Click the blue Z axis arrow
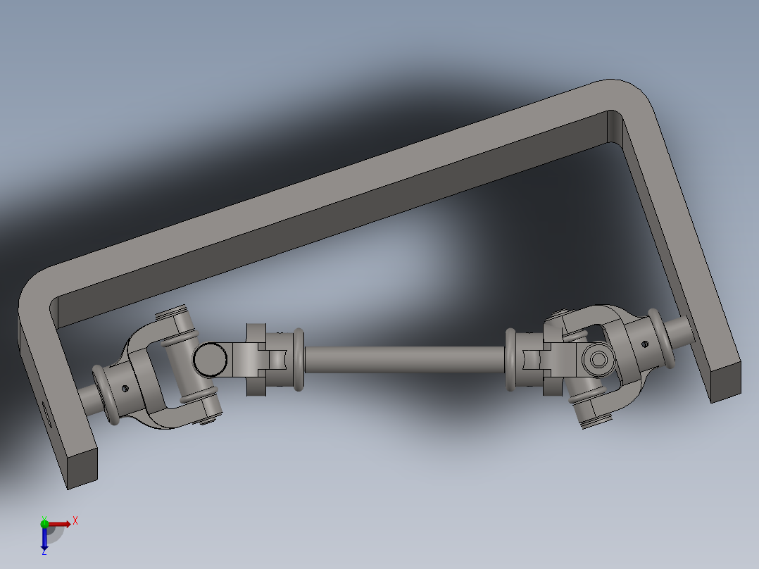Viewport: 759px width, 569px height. pos(44,539)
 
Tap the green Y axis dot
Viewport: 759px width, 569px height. pos(44,523)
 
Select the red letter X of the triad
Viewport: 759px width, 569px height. pos(75,520)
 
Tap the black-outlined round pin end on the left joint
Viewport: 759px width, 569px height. pos(210,359)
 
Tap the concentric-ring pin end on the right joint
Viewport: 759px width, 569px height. pos(599,360)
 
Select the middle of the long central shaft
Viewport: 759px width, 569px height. pos(405,359)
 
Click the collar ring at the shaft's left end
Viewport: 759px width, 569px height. pos(299,359)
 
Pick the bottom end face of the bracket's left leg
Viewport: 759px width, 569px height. pos(82,468)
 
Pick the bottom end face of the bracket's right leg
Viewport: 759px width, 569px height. pos(726,381)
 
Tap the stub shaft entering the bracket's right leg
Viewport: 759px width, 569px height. pos(681,330)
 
